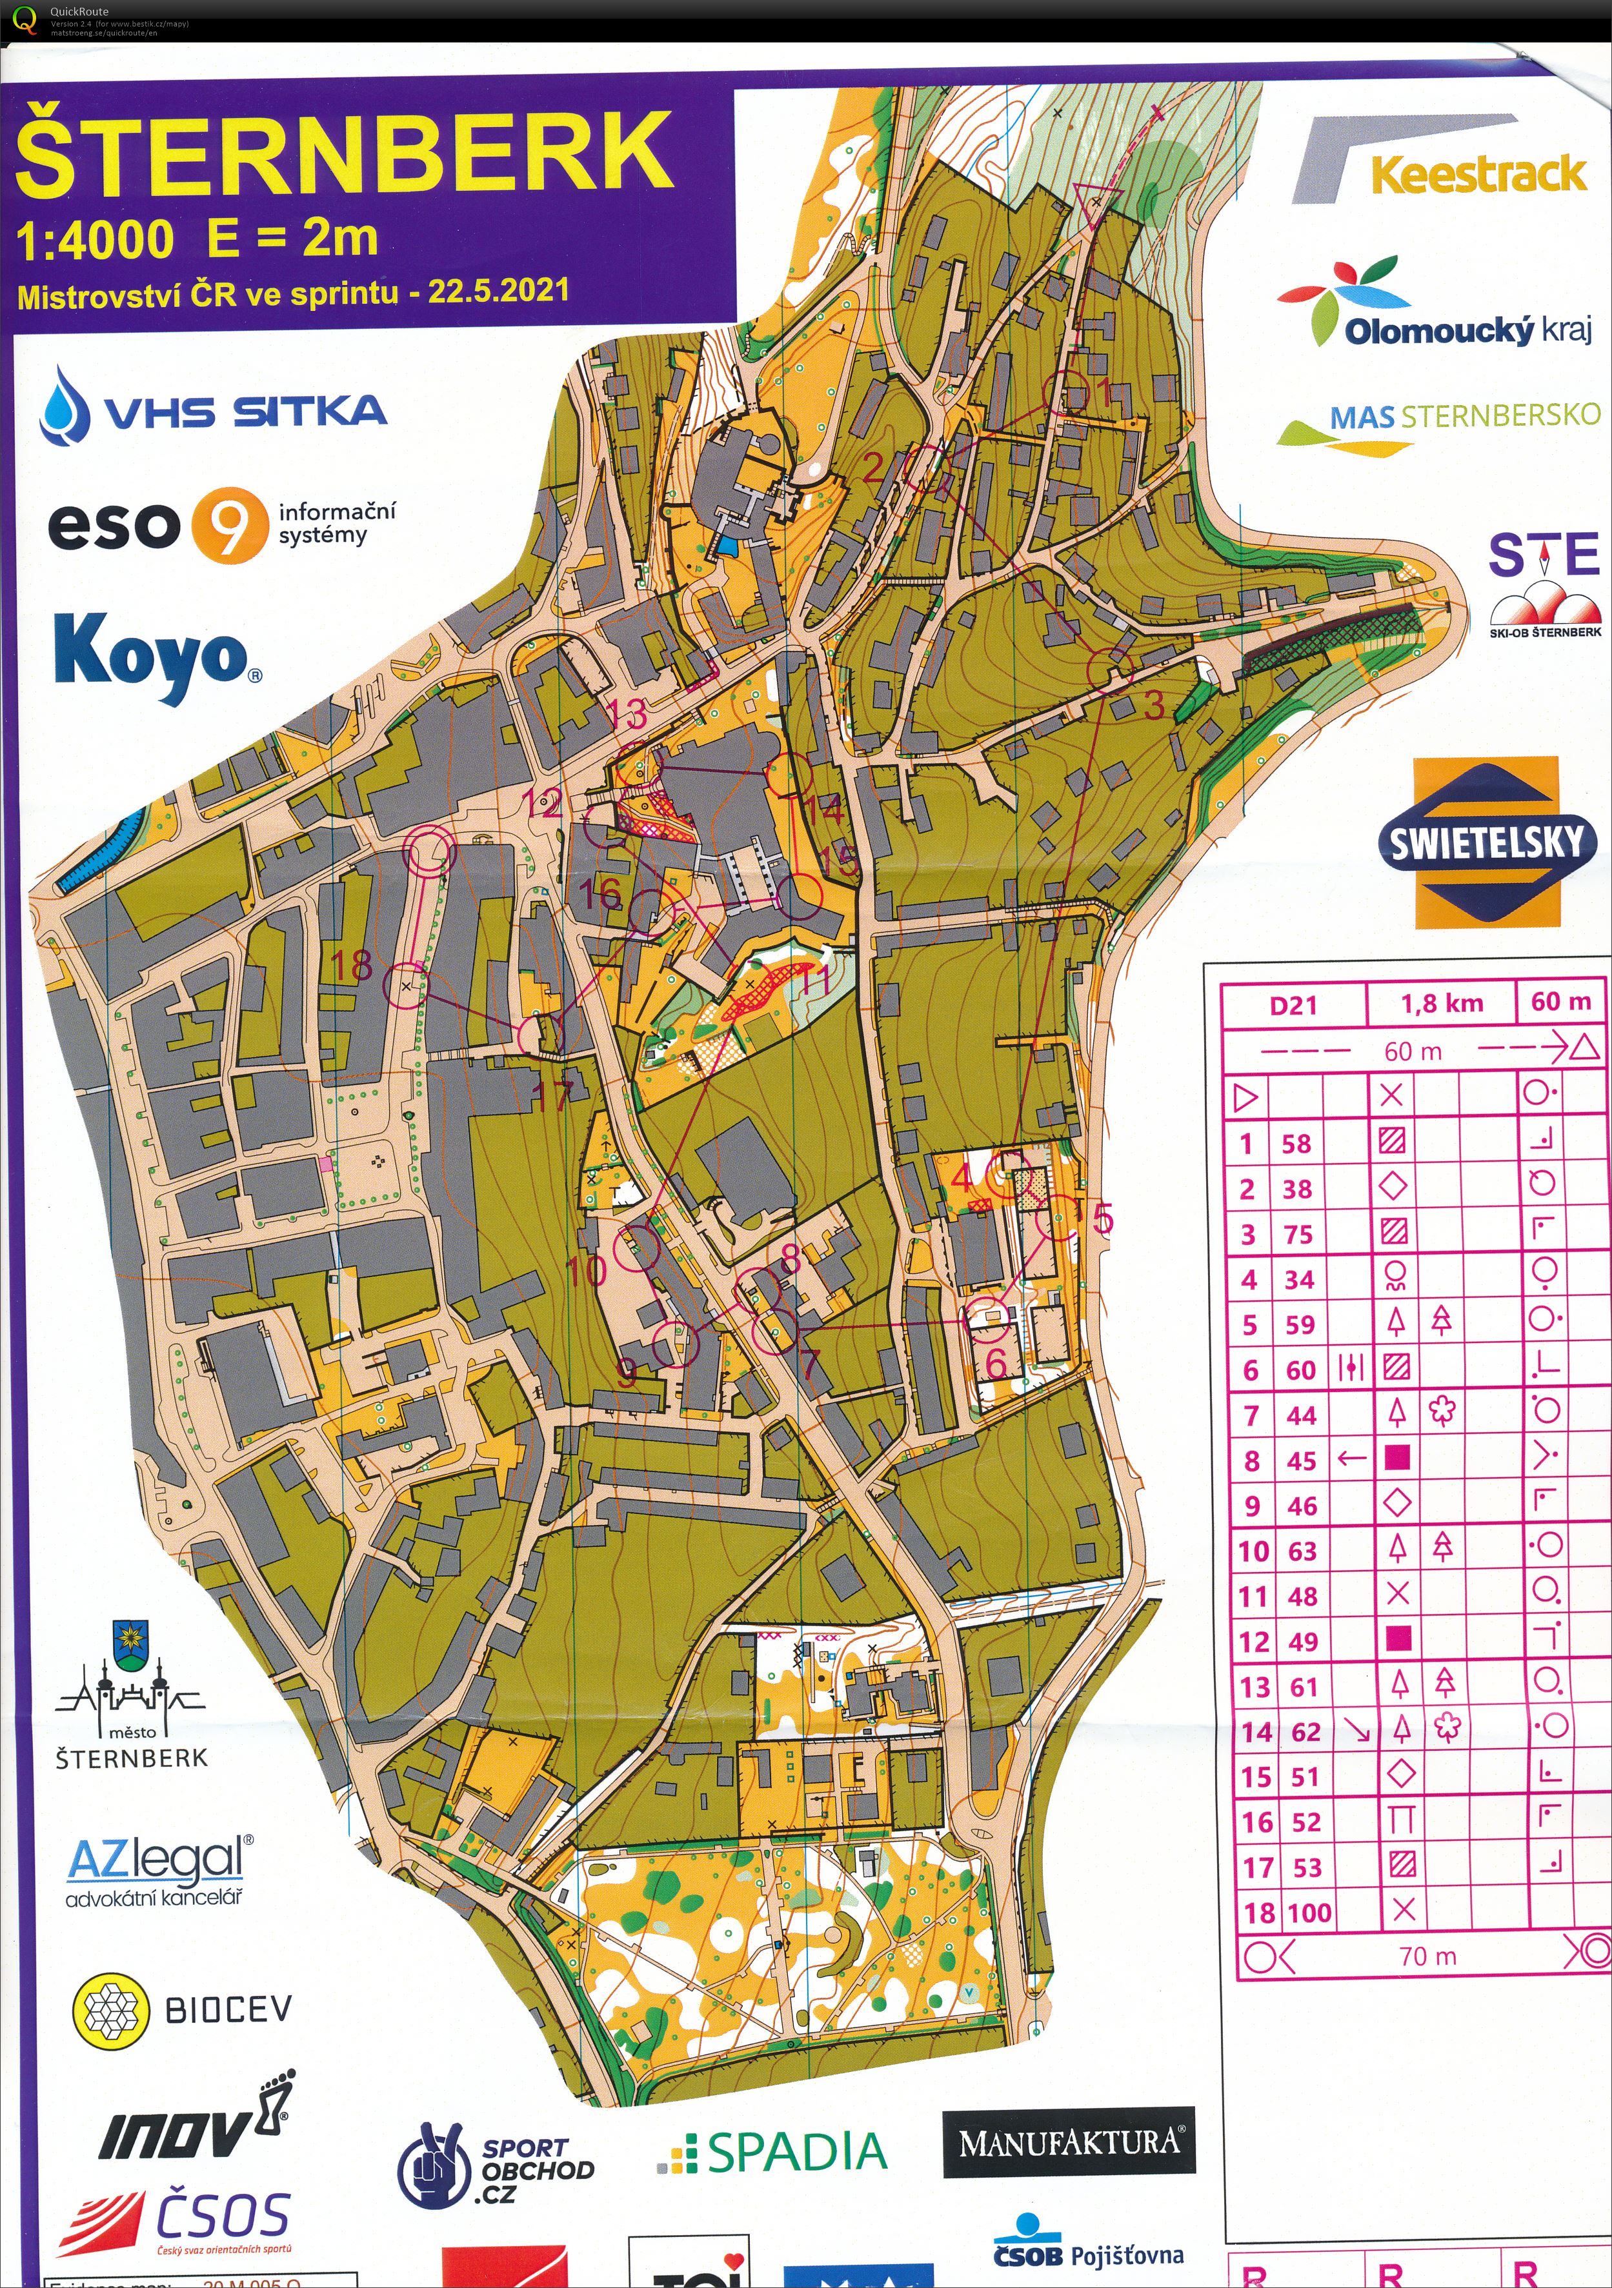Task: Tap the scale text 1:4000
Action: (96, 240)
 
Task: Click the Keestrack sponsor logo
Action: (1478, 174)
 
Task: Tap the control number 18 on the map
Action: (352, 964)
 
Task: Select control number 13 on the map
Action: (628, 713)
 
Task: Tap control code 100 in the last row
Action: (1309, 1913)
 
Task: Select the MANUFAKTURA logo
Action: (1069, 2142)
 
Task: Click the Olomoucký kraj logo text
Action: (1466, 329)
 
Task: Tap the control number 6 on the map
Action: (995, 1363)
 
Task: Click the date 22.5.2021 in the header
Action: (498, 291)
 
